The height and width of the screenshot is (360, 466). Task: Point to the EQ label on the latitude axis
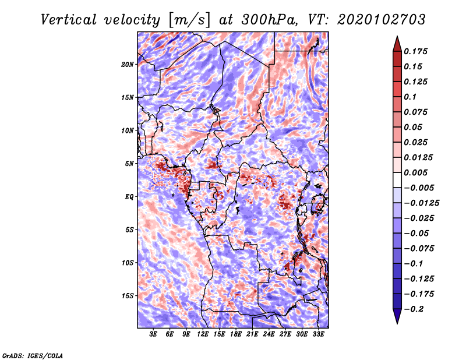[x=129, y=197]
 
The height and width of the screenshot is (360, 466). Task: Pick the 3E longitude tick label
[x=154, y=334]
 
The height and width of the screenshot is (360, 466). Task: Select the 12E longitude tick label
[x=203, y=334]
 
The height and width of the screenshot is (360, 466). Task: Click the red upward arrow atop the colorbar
[x=397, y=43]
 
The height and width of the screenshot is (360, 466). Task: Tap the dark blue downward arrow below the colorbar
[x=397, y=316]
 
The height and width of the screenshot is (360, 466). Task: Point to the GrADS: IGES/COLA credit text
[x=32, y=355]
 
